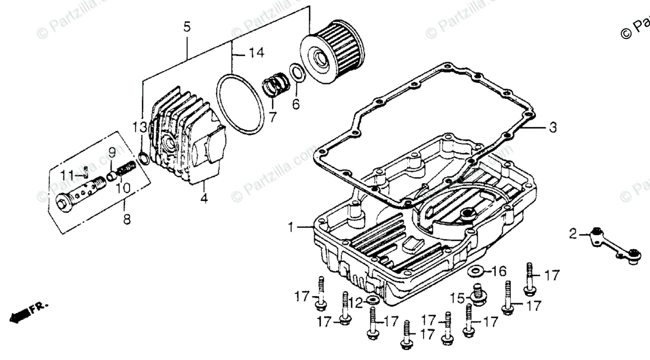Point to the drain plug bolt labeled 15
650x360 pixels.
click(x=477, y=293)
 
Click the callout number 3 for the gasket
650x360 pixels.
click(x=552, y=128)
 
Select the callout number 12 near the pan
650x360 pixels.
click(x=355, y=302)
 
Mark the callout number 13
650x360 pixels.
click(x=140, y=128)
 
